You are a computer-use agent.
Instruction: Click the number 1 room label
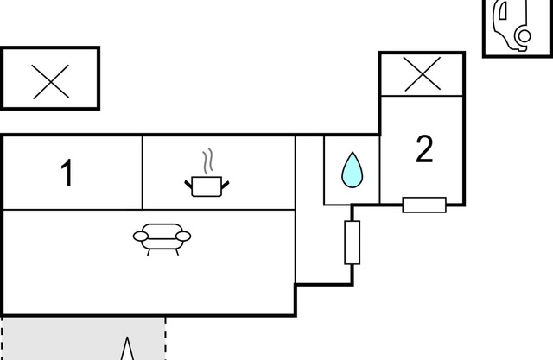click(67, 174)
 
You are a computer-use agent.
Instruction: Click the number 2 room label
click(423, 149)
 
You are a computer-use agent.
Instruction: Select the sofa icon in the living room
click(162, 237)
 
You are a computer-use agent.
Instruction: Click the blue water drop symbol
click(351, 170)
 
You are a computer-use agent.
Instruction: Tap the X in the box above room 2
click(423, 75)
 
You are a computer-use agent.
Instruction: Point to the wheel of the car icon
click(522, 35)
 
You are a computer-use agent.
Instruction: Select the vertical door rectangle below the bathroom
click(352, 243)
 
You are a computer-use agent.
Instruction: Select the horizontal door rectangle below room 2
click(424, 205)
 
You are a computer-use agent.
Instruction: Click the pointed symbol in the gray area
click(128, 350)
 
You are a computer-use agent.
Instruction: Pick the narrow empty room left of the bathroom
click(309, 207)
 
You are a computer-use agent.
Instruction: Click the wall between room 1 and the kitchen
click(143, 173)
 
